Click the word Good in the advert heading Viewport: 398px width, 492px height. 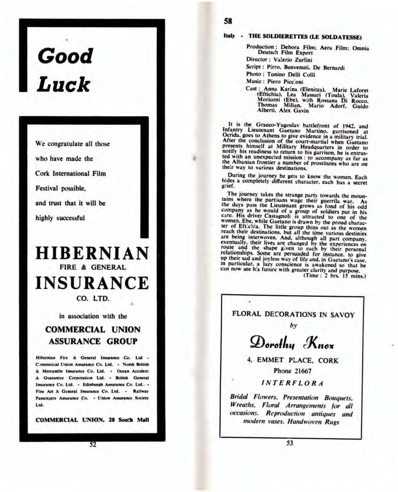[65, 56]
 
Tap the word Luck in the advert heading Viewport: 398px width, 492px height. [63, 85]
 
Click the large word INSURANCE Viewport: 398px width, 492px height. [92, 283]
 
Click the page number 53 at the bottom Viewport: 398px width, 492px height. [290, 443]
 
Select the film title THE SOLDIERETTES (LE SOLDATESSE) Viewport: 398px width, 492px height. [305, 37]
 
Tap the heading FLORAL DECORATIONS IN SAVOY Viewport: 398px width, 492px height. [293, 314]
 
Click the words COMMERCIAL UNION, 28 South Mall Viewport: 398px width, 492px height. [92, 419]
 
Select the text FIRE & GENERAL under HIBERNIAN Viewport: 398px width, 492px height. [92, 268]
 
